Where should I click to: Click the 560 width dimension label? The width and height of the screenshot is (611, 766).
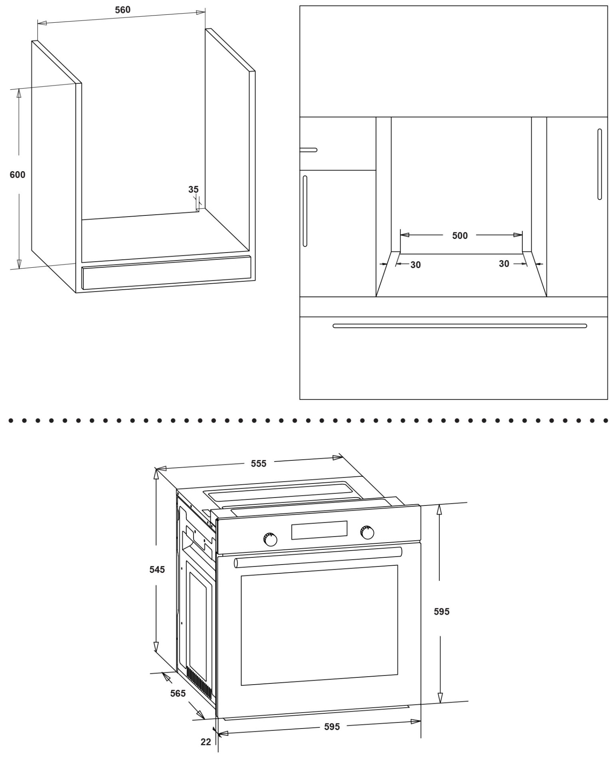(123, 10)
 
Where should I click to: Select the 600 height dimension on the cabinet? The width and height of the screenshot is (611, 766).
(18, 175)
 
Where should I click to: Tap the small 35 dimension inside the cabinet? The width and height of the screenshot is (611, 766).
(193, 190)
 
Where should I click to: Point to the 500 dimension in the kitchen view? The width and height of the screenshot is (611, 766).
(460, 236)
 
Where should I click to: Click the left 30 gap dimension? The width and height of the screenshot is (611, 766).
(415, 265)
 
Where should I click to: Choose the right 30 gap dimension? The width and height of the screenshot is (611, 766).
(504, 264)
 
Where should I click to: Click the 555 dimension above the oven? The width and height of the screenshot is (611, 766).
(259, 464)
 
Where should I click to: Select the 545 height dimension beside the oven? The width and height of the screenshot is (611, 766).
(157, 570)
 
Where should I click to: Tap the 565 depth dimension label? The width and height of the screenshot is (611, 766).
(178, 693)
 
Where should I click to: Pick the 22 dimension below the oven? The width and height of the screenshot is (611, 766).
(206, 742)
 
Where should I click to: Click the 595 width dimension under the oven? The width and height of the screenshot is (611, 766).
(332, 727)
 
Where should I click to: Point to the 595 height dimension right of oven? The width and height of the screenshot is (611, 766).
(442, 611)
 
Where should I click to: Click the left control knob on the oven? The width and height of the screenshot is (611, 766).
(270, 540)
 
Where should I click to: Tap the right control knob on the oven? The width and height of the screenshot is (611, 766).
(367, 532)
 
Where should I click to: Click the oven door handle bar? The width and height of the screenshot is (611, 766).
(318, 558)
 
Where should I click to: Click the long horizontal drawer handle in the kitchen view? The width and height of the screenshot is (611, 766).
(459, 326)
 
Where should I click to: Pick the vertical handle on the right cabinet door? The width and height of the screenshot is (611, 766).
(599, 164)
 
